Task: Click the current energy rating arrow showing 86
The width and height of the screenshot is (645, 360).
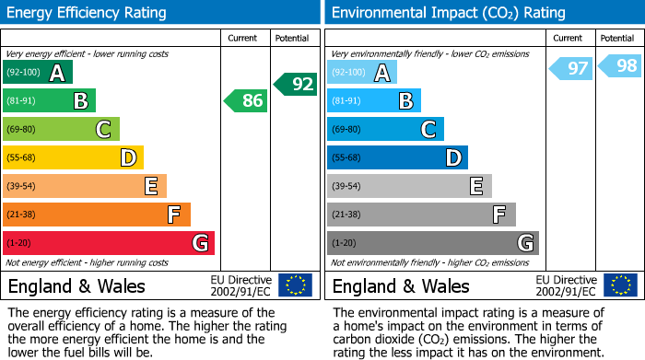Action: (247, 100)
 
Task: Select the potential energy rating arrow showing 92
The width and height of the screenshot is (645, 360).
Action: (296, 84)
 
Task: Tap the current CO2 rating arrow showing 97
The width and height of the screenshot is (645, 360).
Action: (571, 68)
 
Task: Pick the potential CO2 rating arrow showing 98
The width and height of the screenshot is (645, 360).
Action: (620, 65)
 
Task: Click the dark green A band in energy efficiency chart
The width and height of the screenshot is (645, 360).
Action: (38, 73)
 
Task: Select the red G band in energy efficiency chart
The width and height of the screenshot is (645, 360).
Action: (109, 243)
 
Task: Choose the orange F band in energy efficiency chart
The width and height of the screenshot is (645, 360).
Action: (97, 215)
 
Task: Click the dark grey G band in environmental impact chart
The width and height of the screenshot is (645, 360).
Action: (433, 243)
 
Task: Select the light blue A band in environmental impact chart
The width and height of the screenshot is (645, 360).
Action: (362, 73)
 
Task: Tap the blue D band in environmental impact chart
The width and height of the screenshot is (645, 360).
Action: (397, 158)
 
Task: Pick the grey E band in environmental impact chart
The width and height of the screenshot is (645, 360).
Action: (409, 186)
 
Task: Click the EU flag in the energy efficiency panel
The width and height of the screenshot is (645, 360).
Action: (295, 285)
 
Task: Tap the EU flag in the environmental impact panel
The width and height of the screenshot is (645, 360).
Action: (619, 285)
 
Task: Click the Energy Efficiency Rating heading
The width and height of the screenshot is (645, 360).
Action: (87, 13)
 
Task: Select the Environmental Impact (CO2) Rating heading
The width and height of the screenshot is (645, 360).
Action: (448, 13)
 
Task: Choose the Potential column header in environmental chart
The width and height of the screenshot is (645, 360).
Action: (617, 38)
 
